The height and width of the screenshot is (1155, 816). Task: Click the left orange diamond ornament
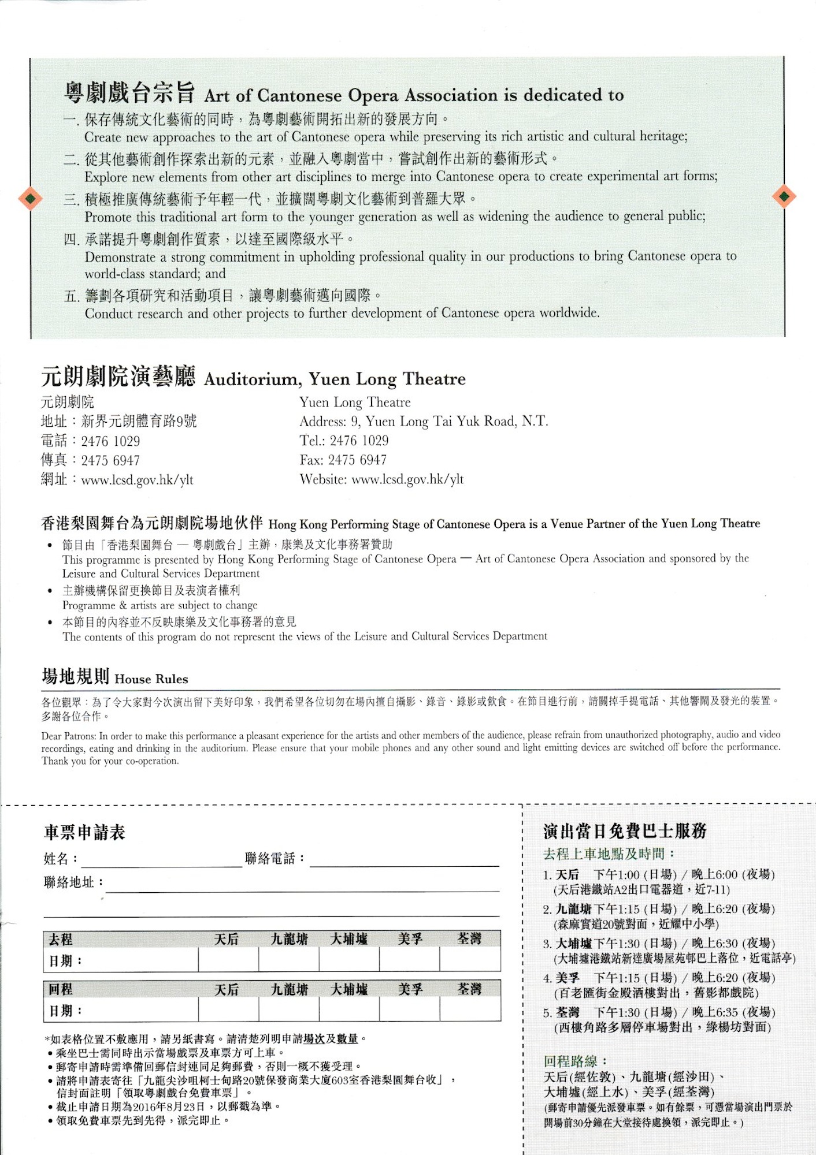pyautogui.click(x=30, y=199)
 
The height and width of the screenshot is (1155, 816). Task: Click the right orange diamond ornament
pyautogui.click(x=784, y=196)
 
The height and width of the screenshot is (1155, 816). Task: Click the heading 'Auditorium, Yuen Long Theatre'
pyautogui.click(x=335, y=379)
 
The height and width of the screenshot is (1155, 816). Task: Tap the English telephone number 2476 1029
pyautogui.click(x=359, y=441)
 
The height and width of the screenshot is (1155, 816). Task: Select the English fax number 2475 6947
pyautogui.click(x=357, y=460)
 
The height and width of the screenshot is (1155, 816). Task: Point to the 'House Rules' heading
pyautogui.click(x=151, y=679)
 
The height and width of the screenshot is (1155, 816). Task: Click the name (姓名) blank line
pyautogui.click(x=161, y=860)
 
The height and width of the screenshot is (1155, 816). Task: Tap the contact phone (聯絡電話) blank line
pyautogui.click(x=404, y=860)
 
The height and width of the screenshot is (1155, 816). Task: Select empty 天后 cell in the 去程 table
pyautogui.click(x=228, y=960)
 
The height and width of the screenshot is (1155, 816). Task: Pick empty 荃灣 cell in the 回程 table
pyautogui.click(x=470, y=1010)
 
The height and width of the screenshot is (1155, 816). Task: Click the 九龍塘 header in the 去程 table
pyautogui.click(x=290, y=939)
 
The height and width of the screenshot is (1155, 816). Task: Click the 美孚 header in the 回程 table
pyautogui.click(x=410, y=989)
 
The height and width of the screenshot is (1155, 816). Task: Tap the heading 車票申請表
pyautogui.click(x=84, y=832)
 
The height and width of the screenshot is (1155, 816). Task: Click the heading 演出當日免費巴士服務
pyautogui.click(x=625, y=831)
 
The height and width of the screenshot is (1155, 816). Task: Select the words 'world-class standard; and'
pyautogui.click(x=155, y=274)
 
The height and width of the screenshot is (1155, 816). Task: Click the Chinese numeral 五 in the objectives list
pyautogui.click(x=71, y=297)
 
